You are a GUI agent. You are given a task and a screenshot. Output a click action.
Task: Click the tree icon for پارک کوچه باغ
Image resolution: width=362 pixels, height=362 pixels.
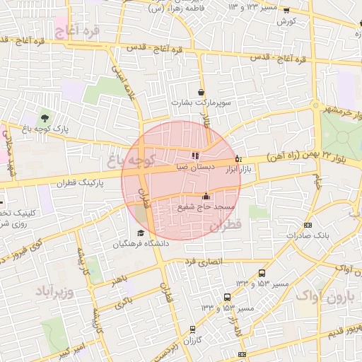[x=45, y=117]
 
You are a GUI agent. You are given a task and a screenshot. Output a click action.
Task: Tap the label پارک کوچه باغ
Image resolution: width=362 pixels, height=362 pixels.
[x=45, y=129]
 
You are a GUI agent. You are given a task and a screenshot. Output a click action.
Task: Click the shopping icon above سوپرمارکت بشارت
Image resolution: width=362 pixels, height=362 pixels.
[x=202, y=93]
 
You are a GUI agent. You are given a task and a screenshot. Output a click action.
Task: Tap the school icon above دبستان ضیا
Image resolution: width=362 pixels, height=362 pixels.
[x=195, y=156]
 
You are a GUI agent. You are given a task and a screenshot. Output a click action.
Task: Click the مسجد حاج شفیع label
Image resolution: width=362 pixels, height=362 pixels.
[x=206, y=206]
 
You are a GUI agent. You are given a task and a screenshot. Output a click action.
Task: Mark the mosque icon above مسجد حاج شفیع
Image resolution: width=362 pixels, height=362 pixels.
[x=206, y=196]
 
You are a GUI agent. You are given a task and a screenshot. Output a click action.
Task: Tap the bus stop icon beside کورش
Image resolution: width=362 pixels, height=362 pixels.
[x=286, y=11]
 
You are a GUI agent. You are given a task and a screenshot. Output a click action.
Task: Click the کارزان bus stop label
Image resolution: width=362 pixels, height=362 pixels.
[x=192, y=341]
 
